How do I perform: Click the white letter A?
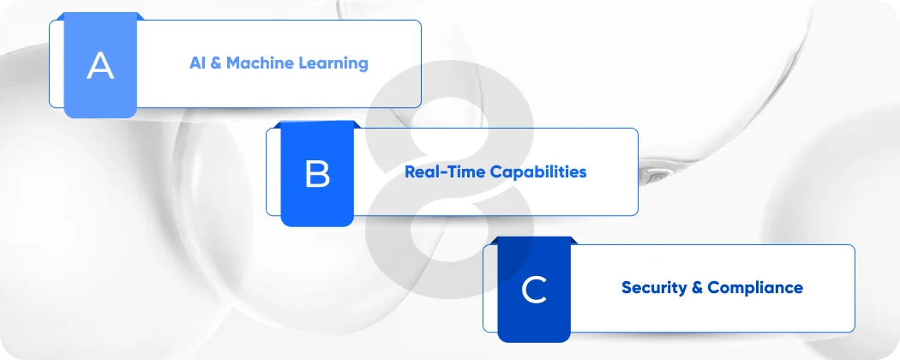[100, 66]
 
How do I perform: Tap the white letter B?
[317, 174]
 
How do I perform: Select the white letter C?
[534, 291]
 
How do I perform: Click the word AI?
[198, 63]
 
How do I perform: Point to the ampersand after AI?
[217, 63]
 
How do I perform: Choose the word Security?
[653, 288]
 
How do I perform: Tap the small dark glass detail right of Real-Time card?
[659, 174]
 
